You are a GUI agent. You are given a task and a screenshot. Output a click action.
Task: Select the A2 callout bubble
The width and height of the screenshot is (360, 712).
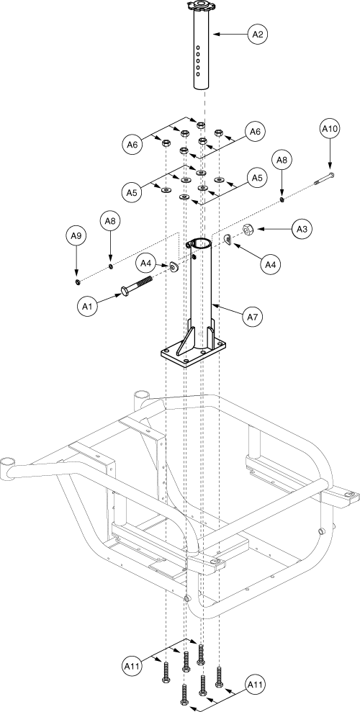pos(258,34)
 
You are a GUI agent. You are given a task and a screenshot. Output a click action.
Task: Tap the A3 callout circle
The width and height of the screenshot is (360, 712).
pos(302,230)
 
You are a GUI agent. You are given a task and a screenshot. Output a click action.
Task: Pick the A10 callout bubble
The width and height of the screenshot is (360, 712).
pos(330,128)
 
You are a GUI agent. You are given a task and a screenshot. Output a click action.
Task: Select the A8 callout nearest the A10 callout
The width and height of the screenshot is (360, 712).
pos(282,160)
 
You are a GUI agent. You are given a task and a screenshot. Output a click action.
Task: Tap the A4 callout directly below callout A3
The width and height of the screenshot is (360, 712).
pos(270,263)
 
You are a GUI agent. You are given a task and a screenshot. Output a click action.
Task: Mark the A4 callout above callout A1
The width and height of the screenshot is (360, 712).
pos(145,263)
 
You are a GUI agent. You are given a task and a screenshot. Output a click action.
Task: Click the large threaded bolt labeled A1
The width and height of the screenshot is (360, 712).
pos(135,285)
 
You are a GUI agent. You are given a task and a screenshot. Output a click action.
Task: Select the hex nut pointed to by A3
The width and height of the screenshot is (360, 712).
pos(248,230)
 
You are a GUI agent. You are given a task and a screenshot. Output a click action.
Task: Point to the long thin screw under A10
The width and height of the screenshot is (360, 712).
pos(325,179)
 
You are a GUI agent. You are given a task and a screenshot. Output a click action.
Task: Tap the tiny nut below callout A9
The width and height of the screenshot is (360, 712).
pos(78,283)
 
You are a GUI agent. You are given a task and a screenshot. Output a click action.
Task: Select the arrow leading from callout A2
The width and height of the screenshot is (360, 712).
pos(230,34)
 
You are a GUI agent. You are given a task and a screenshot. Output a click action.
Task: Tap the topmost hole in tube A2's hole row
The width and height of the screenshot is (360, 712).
pos(198,47)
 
